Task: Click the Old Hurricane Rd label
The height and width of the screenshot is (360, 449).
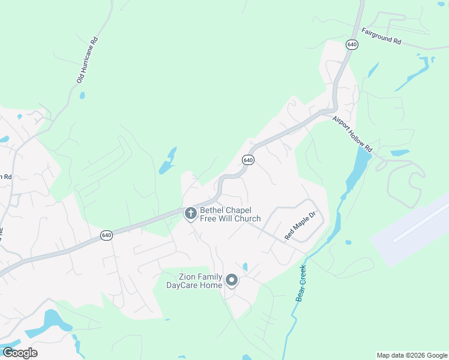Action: pos(86,61)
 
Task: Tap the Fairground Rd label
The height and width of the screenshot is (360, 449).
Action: pos(381,36)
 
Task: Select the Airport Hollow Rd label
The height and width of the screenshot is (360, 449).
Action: pos(353,133)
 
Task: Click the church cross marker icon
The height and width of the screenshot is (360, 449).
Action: pos(190,213)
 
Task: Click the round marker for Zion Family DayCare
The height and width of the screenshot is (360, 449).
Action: pos(231,280)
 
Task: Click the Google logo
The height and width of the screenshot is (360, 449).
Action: pos(20,352)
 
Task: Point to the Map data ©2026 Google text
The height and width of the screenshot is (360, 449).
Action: pos(412,355)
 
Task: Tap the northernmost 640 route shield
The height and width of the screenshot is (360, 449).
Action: pos(352,44)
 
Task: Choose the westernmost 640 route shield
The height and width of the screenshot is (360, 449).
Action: pos(106,235)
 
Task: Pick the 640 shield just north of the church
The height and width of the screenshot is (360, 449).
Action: pos(248,160)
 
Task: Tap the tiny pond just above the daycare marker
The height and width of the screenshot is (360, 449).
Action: pos(245,266)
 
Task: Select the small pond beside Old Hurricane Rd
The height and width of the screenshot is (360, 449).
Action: pos(82,95)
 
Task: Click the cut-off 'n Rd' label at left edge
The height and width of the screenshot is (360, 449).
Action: pos(5,176)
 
